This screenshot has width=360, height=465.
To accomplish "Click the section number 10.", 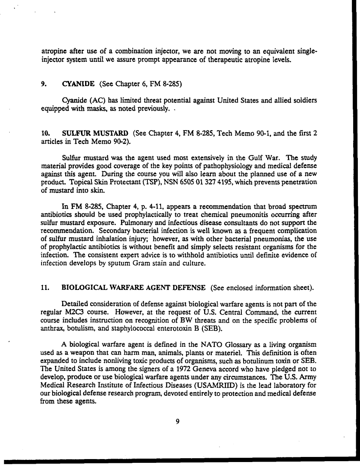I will coord(46,134).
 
